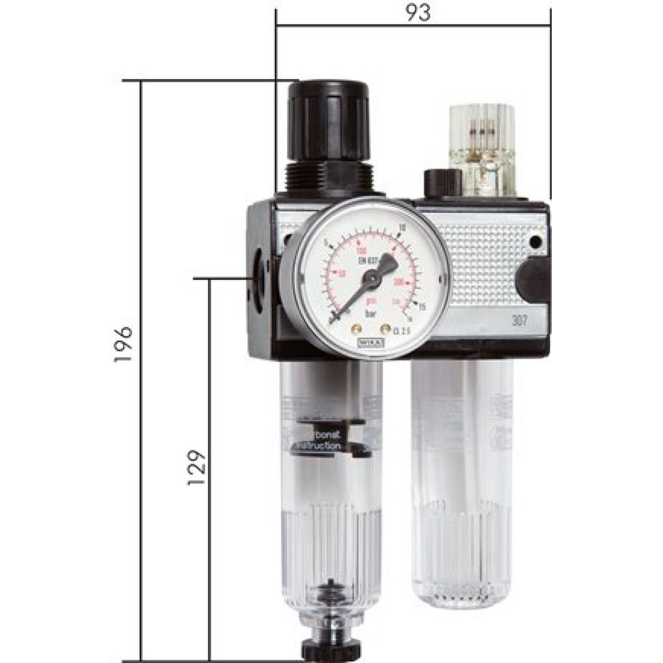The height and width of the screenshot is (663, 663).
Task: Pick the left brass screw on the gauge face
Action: [x=356, y=328]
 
